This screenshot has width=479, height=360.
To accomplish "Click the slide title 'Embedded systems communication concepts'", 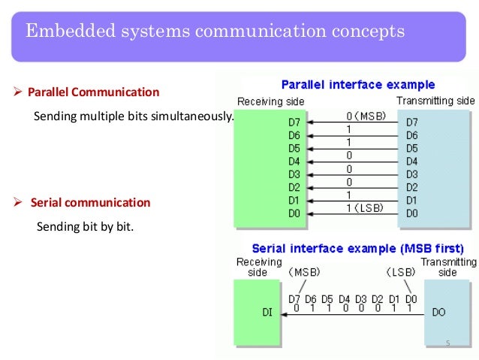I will [215, 32].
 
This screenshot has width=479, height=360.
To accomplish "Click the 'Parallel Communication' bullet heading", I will [93, 92].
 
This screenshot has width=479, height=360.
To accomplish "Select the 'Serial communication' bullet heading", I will [90, 203].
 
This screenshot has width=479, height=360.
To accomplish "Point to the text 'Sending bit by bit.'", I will [84, 226].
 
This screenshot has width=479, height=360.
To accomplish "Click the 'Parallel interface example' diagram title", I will [357, 85].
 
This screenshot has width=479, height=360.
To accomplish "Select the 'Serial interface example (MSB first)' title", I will [357, 247].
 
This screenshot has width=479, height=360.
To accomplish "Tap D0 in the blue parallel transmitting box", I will [412, 213].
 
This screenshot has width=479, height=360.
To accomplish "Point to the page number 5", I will [447, 343].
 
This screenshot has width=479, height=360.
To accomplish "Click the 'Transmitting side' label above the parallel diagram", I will [435, 101].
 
